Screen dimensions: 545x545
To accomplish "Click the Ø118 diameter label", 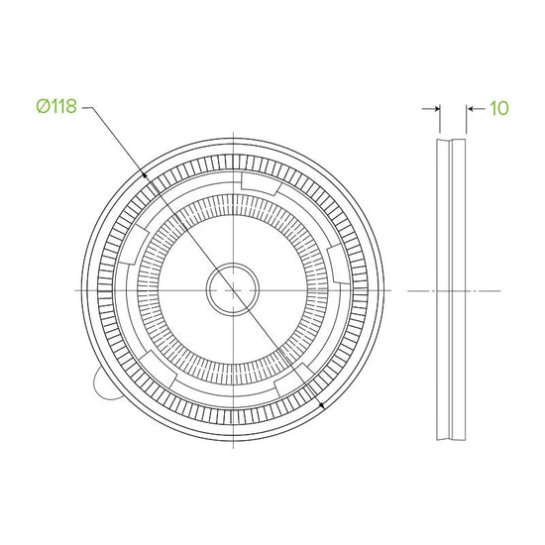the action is pyautogui.click(x=56, y=106).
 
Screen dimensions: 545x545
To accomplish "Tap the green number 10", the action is pyautogui.click(x=499, y=108).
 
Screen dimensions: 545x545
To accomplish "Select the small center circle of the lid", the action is pyautogui.click(x=233, y=290).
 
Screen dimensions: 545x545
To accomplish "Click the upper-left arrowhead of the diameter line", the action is pyautogui.click(x=144, y=174).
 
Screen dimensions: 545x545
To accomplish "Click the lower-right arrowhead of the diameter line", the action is pyautogui.click(x=321, y=404).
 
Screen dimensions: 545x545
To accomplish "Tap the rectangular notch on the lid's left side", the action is pyautogui.click(x=134, y=244).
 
